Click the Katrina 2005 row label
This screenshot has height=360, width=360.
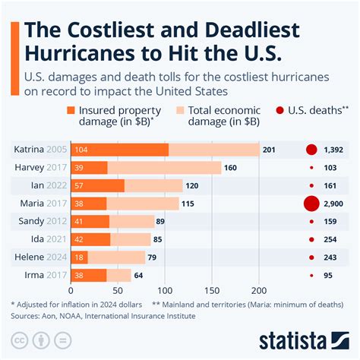(x=39, y=149)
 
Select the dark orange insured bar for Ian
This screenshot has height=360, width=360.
(x=97, y=185)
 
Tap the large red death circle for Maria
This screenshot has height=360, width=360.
(x=310, y=204)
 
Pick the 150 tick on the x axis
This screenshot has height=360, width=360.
(x=213, y=289)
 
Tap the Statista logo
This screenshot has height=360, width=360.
(x=305, y=339)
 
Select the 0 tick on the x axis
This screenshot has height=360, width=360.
(x=71, y=289)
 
